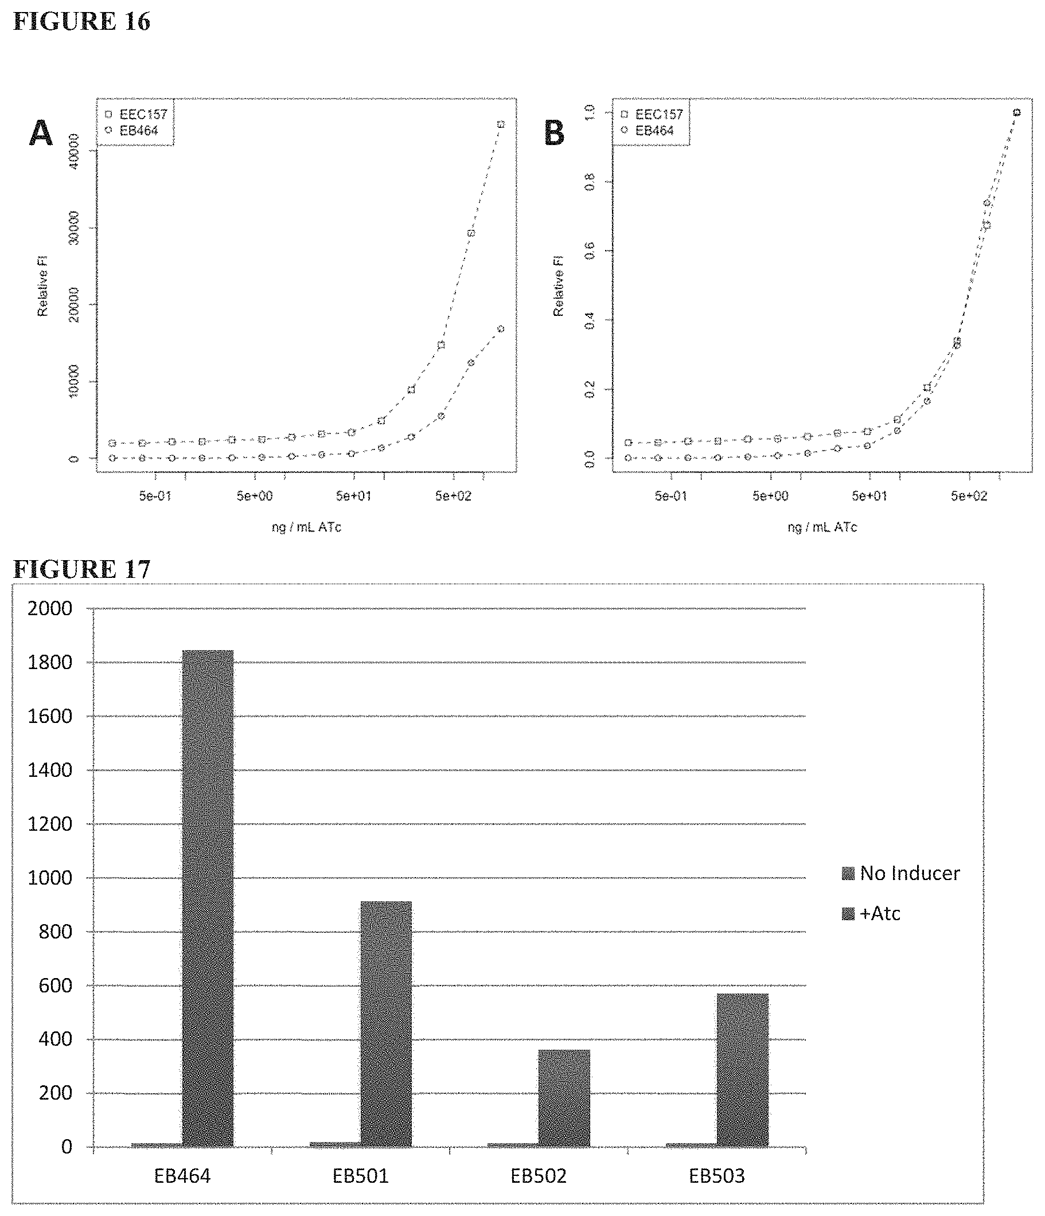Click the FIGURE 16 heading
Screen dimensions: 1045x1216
coord(81,22)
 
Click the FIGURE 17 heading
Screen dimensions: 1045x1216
coord(81,569)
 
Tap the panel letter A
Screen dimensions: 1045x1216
coord(41,133)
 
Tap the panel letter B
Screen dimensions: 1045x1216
coord(554,133)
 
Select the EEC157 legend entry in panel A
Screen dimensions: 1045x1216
coord(137,114)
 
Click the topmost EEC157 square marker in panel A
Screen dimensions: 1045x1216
coord(501,124)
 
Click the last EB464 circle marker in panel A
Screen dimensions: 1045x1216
coord(501,329)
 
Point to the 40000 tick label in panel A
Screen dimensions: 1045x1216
coord(74,151)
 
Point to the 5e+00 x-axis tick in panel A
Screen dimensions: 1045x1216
coord(254,496)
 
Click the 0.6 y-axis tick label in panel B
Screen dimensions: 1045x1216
coord(590,251)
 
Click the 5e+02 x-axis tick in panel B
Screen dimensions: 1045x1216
coord(969,496)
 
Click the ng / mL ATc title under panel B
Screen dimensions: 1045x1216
coord(822,527)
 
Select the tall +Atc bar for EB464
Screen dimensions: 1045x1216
coord(208,898)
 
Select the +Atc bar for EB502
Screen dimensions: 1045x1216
coord(564,1098)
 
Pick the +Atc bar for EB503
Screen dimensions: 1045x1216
coord(742,1070)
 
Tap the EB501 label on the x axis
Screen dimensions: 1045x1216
coord(360,1176)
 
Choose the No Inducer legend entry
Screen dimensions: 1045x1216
coord(901,873)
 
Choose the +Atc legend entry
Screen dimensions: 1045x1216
coord(871,913)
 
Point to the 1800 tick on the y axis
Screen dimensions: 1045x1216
coord(50,662)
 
